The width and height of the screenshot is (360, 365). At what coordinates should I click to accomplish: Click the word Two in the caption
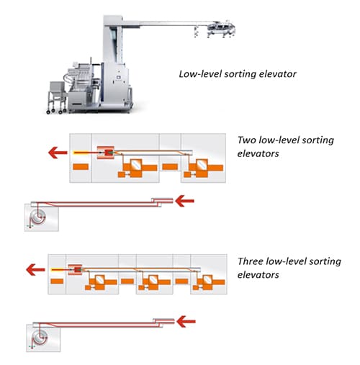(247, 140)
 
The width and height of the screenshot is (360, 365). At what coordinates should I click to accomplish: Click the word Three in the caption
(250, 261)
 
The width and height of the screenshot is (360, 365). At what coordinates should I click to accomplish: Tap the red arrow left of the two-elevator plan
(58, 153)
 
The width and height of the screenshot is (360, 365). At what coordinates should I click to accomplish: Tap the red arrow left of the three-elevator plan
(35, 270)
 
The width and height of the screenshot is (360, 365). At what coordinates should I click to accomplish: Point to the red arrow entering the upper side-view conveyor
(184, 201)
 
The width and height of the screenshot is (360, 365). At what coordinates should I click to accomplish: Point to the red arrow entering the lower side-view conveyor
(186, 322)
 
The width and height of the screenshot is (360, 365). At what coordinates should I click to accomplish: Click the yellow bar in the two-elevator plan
(81, 153)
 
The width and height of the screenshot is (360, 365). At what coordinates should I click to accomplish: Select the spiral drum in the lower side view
(40, 338)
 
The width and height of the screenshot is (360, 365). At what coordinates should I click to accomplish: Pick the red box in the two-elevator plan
(106, 153)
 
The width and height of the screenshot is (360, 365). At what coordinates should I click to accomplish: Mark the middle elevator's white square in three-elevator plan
(153, 279)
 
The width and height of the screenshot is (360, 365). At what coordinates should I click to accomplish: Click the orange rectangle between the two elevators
(170, 166)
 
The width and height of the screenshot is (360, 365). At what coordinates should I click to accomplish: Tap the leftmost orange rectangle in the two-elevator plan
(81, 167)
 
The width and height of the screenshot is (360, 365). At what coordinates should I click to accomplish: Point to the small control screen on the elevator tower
(118, 77)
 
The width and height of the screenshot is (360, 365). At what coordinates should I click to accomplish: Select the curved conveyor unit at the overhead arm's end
(221, 28)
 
